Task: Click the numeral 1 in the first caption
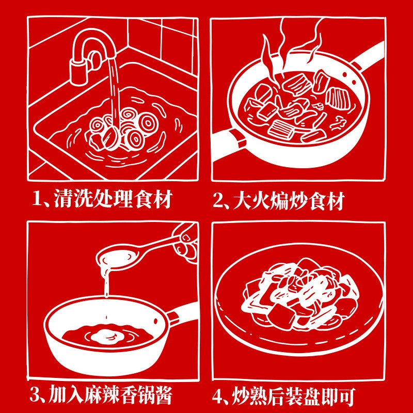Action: coord(37,199)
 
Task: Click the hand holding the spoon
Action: coord(186,242)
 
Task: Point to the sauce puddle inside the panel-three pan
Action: coord(107,336)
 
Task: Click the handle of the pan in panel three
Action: coord(182,315)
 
